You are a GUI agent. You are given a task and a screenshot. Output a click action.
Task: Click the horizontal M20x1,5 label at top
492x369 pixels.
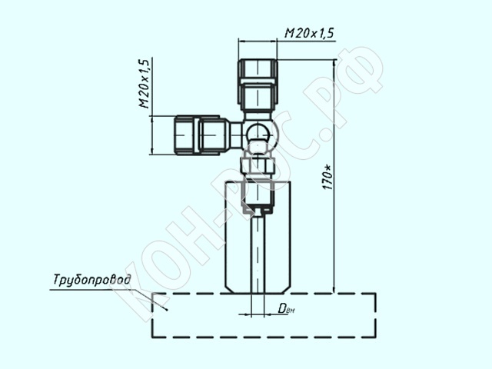[x=309, y=33]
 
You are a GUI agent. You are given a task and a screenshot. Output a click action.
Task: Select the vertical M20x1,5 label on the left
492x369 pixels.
[x=144, y=84]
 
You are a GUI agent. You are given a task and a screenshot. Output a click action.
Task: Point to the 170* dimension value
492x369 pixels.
[x=328, y=178]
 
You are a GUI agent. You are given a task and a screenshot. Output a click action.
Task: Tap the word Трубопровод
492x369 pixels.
[x=91, y=280]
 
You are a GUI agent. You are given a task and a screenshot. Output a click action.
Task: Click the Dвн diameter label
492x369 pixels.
[x=286, y=309]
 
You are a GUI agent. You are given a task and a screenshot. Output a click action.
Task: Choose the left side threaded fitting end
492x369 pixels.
[x=186, y=135]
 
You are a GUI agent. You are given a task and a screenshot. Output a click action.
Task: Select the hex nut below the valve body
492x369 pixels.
[x=258, y=165]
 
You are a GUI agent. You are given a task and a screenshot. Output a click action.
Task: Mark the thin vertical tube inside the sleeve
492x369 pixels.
[x=258, y=254]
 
